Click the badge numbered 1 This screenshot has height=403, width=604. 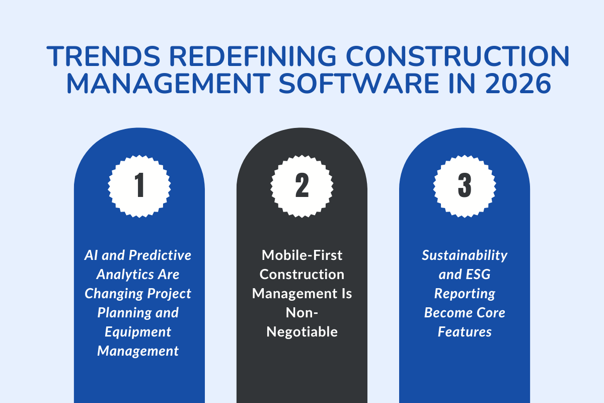pyautogui.click(x=139, y=186)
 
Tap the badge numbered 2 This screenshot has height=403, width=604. pyautogui.click(x=302, y=186)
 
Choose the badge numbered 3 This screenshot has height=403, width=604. pyautogui.click(x=464, y=186)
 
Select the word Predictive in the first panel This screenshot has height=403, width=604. pyautogui.click(x=161, y=255)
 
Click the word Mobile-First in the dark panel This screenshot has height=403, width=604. pyautogui.click(x=301, y=255)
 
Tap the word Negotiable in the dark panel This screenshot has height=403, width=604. pyautogui.click(x=301, y=332)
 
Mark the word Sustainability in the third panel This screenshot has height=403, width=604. pyautogui.click(x=465, y=255)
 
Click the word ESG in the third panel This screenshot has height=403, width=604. pyautogui.click(x=479, y=275)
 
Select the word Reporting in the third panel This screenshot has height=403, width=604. pyautogui.click(x=465, y=294)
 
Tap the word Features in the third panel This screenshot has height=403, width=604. pyautogui.click(x=465, y=332)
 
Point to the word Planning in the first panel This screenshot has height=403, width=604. pyautogui.click(x=123, y=313)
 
